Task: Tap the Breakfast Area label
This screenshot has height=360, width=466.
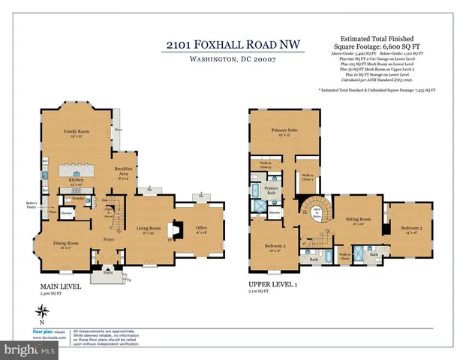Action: point(123,170)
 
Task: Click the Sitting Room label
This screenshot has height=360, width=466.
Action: point(354,220)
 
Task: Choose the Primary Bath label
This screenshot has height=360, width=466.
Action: point(271,189)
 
